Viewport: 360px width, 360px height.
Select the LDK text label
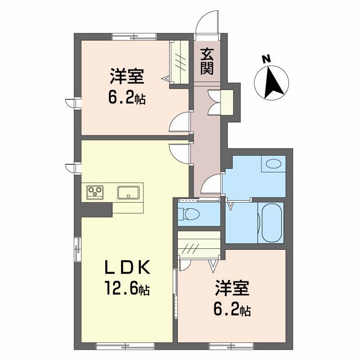click(x=127, y=267)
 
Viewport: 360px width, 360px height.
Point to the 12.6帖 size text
click(x=127, y=288)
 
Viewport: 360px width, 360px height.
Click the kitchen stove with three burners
click(x=95, y=192)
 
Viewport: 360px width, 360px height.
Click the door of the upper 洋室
click(x=180, y=122)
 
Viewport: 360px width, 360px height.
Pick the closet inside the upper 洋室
click(x=181, y=61)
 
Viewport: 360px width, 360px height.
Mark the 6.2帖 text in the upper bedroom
click(x=127, y=98)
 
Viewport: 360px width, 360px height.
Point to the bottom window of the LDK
click(x=125, y=346)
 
